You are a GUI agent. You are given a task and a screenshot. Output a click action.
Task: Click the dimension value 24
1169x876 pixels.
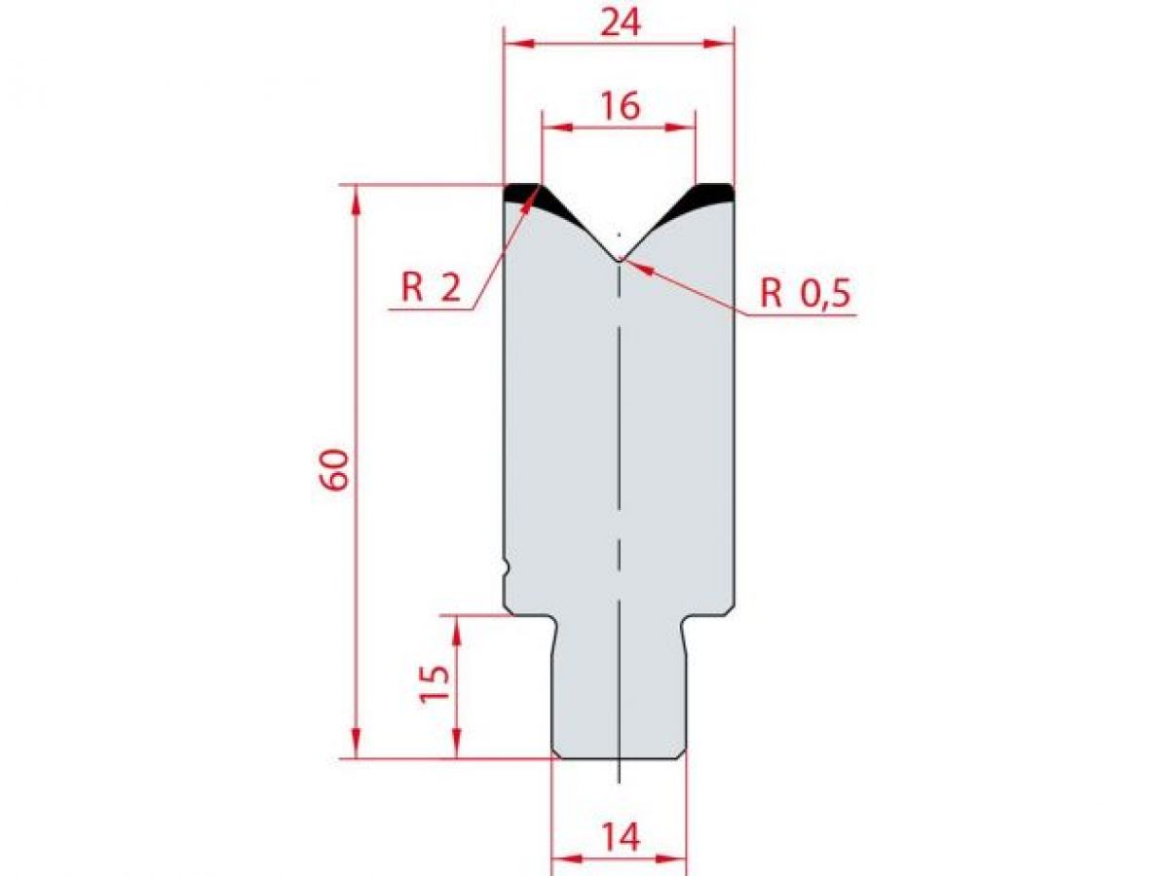(x=620, y=22)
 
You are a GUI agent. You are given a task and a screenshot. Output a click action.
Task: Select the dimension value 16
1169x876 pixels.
(x=620, y=106)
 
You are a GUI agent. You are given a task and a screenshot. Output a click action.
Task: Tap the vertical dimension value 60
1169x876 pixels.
(x=333, y=470)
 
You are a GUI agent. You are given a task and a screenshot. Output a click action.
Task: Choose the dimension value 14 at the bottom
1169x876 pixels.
(x=620, y=837)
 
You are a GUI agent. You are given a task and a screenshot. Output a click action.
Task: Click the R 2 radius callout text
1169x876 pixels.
(x=431, y=289)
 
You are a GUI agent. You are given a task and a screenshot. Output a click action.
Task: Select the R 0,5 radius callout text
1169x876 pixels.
(x=806, y=293)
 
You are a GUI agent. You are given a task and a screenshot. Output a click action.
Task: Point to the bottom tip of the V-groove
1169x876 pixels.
(x=619, y=259)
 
